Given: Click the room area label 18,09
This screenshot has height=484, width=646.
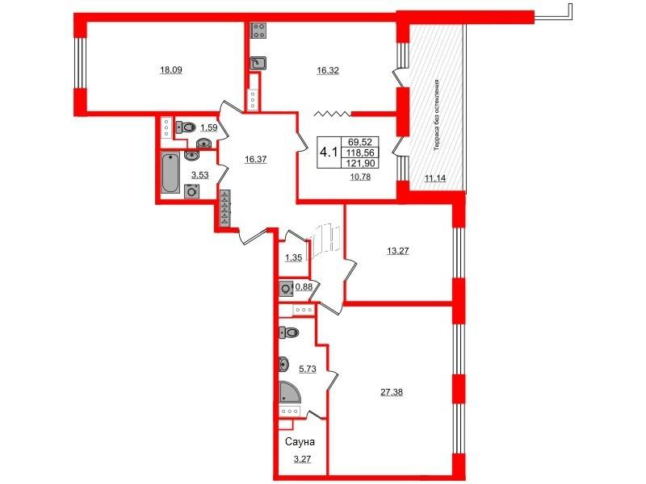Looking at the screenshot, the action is click(x=171, y=70).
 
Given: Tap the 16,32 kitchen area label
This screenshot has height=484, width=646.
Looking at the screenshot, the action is click(x=328, y=71).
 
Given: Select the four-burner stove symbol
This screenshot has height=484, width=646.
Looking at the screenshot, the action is click(x=258, y=30).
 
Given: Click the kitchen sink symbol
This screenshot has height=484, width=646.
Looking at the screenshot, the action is click(x=258, y=63).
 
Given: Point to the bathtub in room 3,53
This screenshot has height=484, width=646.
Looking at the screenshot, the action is click(x=170, y=173).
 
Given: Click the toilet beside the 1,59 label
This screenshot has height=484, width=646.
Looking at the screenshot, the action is click(x=186, y=127).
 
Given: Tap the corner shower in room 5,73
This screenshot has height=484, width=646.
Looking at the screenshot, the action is click(x=290, y=391).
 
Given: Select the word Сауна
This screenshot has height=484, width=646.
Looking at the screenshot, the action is click(x=300, y=442).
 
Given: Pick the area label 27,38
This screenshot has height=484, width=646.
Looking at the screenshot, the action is click(x=392, y=393).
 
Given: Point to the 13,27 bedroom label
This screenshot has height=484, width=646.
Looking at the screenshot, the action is click(x=398, y=251).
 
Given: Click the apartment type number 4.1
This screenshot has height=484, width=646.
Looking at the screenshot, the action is click(x=329, y=152).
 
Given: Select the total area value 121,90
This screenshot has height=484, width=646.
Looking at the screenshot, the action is click(x=360, y=163).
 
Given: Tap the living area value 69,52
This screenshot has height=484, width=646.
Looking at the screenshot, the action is click(x=360, y=142).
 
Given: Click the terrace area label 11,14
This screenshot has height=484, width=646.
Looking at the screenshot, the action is click(x=435, y=178).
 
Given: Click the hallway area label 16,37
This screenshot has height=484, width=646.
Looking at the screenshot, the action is click(x=255, y=160).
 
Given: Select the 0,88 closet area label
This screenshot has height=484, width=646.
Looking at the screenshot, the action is click(x=304, y=287).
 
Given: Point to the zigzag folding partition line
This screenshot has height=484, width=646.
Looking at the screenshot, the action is click(x=333, y=114).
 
